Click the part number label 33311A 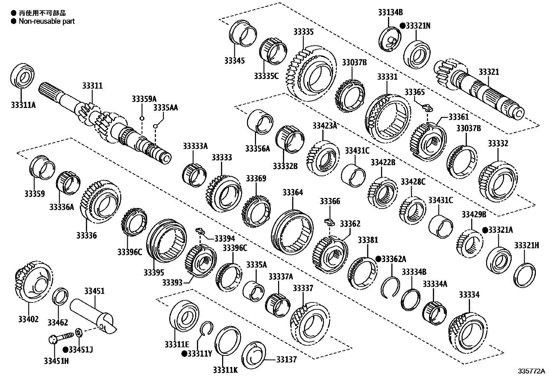click(23, 105)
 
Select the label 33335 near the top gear click(303, 32)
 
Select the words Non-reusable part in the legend click(46, 21)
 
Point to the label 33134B click(390, 12)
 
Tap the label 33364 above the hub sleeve click(292, 192)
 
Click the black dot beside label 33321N click(402, 26)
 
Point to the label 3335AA click(165, 108)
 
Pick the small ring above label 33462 click(61, 296)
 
